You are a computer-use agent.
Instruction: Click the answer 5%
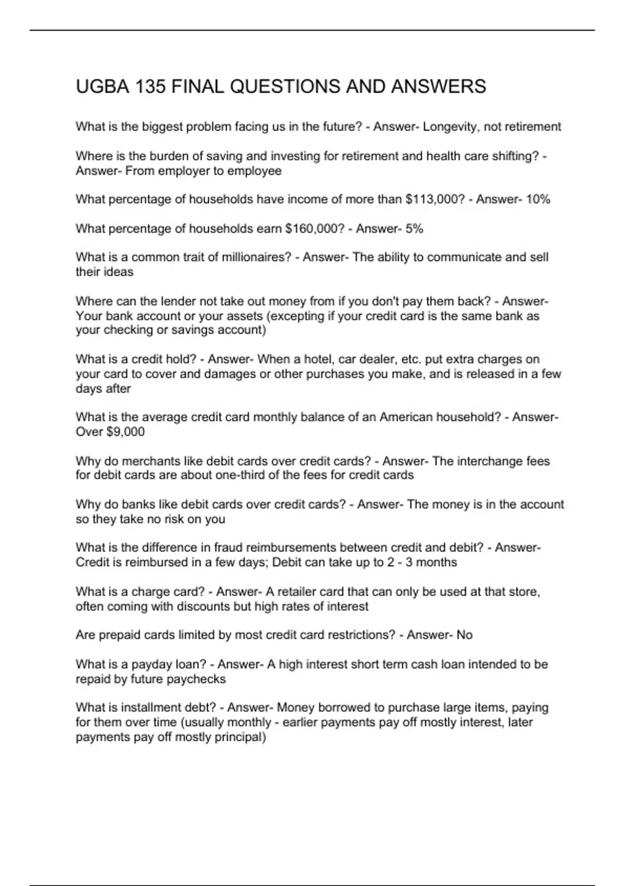pos(414,228)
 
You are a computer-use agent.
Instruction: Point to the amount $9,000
pos(125,432)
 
